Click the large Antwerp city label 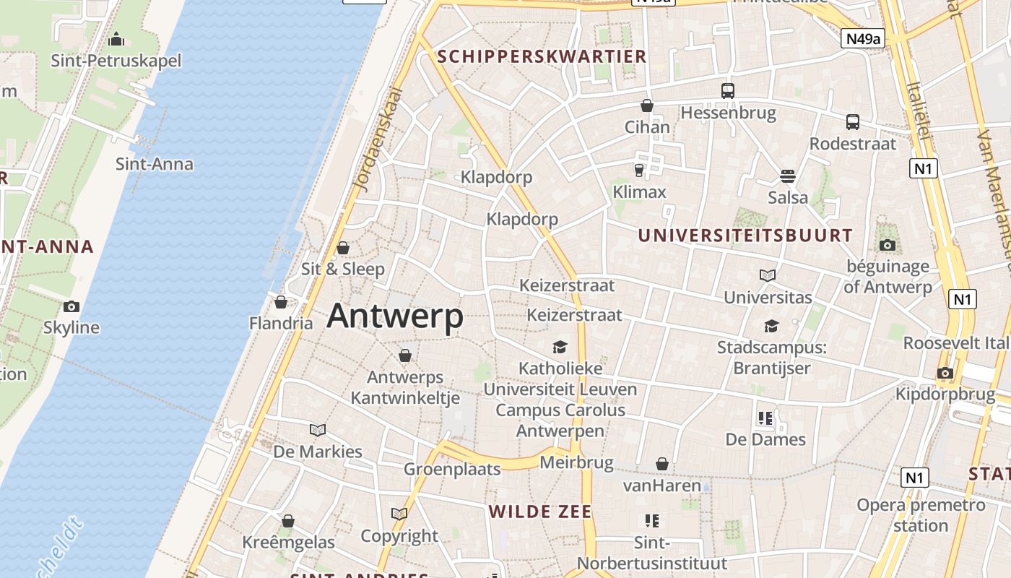click(395, 316)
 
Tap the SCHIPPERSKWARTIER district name click(542, 56)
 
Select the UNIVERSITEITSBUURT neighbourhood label click(745, 236)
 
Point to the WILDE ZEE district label click(540, 512)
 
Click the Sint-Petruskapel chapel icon click(116, 39)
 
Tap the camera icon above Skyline click(71, 306)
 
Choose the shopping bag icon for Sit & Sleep click(343, 248)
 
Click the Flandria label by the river click(281, 322)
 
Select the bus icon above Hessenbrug click(727, 91)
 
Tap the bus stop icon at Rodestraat click(852, 121)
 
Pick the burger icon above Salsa click(787, 176)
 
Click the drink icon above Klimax click(638, 171)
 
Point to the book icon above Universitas click(767, 275)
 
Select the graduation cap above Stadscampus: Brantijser click(771, 326)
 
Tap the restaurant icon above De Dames click(765, 418)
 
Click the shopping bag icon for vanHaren click(661, 464)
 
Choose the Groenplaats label click(452, 469)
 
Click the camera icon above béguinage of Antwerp click(888, 245)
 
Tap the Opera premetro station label click(920, 514)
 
